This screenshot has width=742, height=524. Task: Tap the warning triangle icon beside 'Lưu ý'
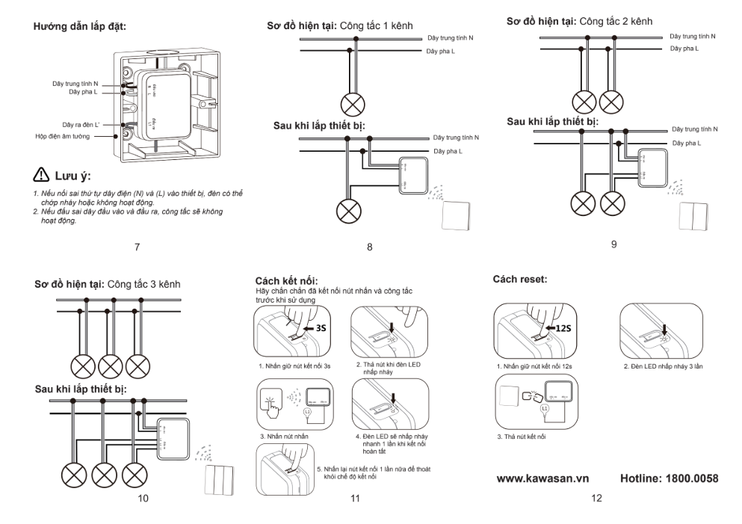[x=40, y=176]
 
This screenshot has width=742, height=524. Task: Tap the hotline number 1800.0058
[x=670, y=477]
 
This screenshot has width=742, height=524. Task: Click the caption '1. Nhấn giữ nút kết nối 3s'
[x=294, y=367]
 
